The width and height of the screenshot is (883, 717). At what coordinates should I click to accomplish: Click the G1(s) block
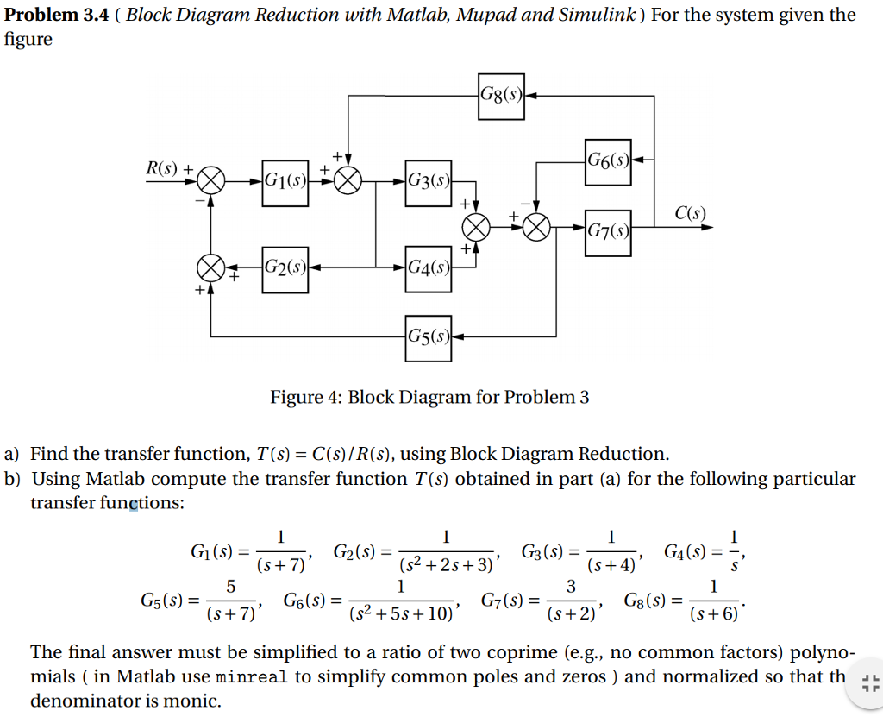click(285, 182)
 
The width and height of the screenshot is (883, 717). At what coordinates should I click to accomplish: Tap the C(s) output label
click(690, 212)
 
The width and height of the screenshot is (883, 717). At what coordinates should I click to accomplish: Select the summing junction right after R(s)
click(212, 181)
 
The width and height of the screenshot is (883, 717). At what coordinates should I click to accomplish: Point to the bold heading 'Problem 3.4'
click(59, 15)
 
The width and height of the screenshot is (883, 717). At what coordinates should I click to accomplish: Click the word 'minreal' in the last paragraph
click(254, 676)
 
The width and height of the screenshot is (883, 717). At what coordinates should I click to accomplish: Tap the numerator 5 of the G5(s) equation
click(230, 587)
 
